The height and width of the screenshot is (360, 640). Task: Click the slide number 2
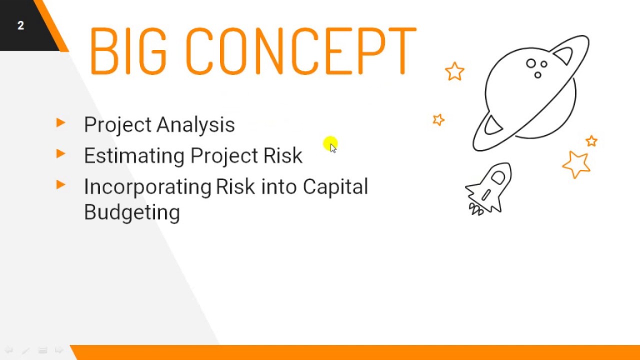[20, 25]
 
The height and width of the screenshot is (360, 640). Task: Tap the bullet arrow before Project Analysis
[61, 122]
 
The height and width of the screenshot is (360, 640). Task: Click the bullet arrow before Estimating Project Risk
[61, 153]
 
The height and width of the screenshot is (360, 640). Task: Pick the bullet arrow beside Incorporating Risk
[61, 184]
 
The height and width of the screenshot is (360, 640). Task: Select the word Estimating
[134, 156]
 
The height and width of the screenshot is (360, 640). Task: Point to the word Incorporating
[147, 187]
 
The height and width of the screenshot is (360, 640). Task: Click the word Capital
[335, 186]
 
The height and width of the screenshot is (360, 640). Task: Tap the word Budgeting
[132, 212]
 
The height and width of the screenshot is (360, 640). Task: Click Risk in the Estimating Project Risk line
[282, 156]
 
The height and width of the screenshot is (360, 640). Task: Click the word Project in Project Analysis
[117, 125]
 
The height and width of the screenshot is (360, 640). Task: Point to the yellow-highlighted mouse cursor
[331, 145]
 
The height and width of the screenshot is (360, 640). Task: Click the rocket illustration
[489, 189]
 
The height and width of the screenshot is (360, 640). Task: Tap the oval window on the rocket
[498, 177]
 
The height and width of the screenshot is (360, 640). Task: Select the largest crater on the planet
[531, 63]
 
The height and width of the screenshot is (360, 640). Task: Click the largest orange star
[576, 164]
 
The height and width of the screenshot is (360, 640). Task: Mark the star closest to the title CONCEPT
[454, 71]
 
